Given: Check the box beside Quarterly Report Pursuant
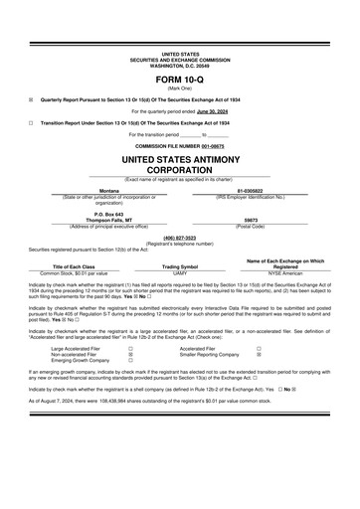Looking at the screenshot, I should (x=31, y=99).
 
